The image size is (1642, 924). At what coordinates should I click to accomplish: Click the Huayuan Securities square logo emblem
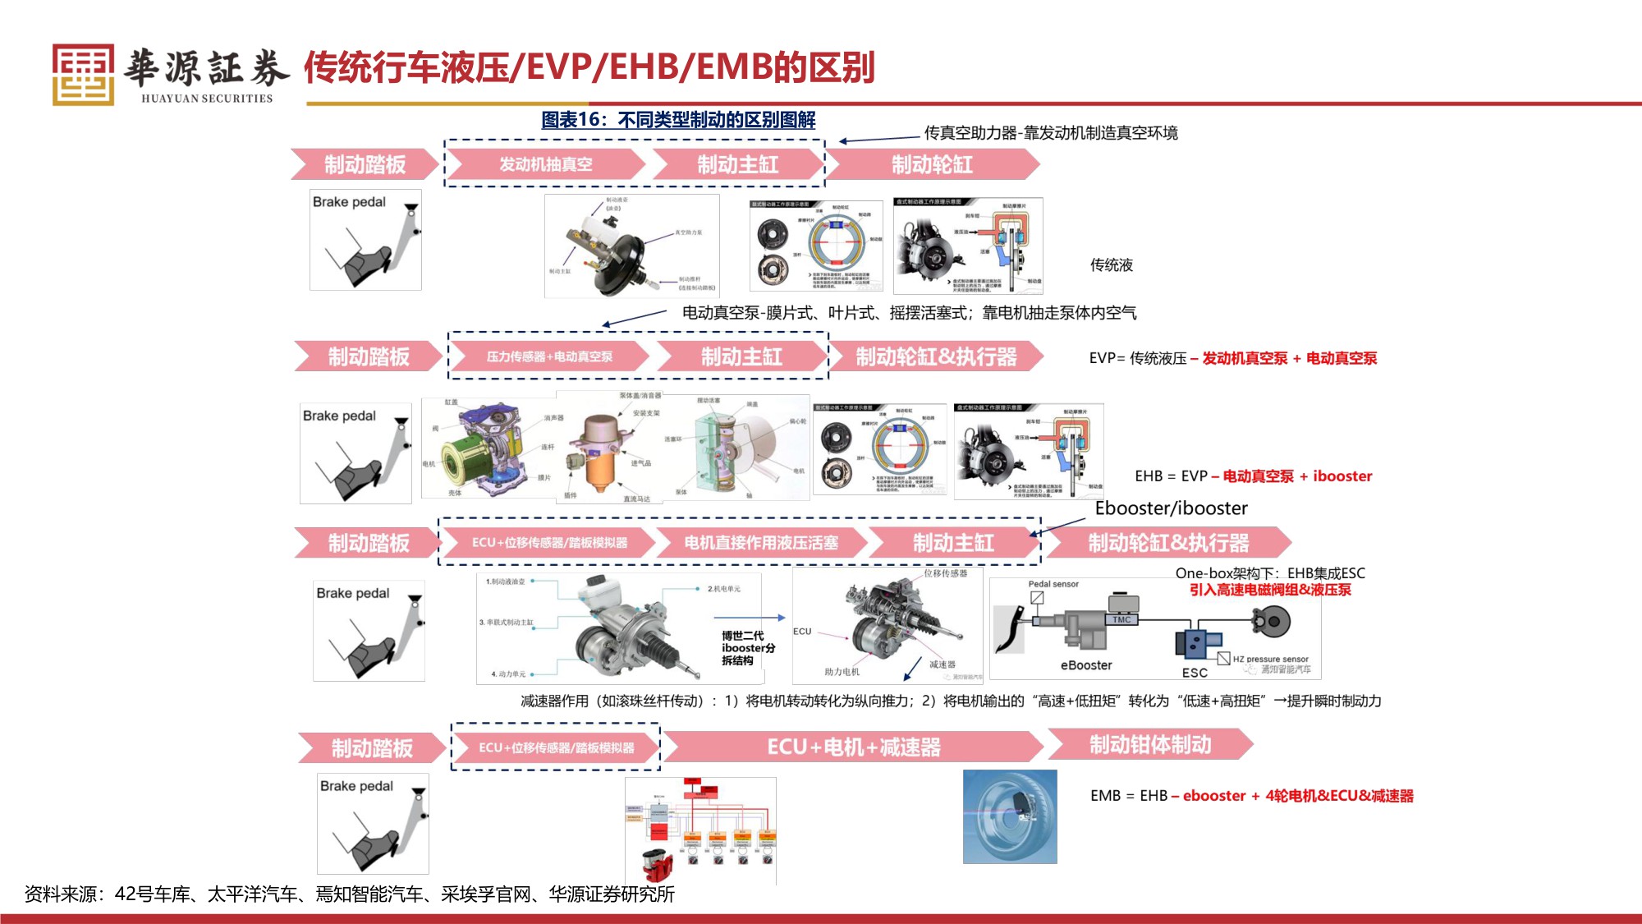(83, 74)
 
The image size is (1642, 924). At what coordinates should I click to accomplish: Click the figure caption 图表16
(677, 120)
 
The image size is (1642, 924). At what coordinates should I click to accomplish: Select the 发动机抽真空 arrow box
(546, 164)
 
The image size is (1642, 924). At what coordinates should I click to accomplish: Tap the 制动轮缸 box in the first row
(932, 164)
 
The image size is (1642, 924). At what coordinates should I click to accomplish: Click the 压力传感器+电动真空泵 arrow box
(549, 356)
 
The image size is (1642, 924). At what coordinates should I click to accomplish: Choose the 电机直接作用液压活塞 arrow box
(761, 543)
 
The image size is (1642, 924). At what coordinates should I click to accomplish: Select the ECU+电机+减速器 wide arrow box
(853, 747)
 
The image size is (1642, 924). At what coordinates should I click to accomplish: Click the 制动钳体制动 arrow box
(1149, 744)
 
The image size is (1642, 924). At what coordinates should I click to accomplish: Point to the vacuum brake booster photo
(631, 246)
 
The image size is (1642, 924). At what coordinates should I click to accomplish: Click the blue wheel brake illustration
(1010, 816)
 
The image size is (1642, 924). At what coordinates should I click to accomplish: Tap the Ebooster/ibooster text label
(1171, 508)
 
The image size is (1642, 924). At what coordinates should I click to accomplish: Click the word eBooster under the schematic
(1086, 665)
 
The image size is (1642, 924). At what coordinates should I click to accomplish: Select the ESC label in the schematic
(1195, 673)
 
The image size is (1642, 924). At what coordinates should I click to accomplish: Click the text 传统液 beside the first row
(1111, 265)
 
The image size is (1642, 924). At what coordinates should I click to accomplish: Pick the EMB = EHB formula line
(1251, 795)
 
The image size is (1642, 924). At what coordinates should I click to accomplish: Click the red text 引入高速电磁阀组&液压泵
(1269, 590)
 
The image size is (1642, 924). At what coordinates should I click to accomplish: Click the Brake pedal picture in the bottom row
(373, 823)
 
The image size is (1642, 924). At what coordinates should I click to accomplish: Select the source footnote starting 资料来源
(349, 894)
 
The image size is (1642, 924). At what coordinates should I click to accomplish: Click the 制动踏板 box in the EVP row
(369, 356)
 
